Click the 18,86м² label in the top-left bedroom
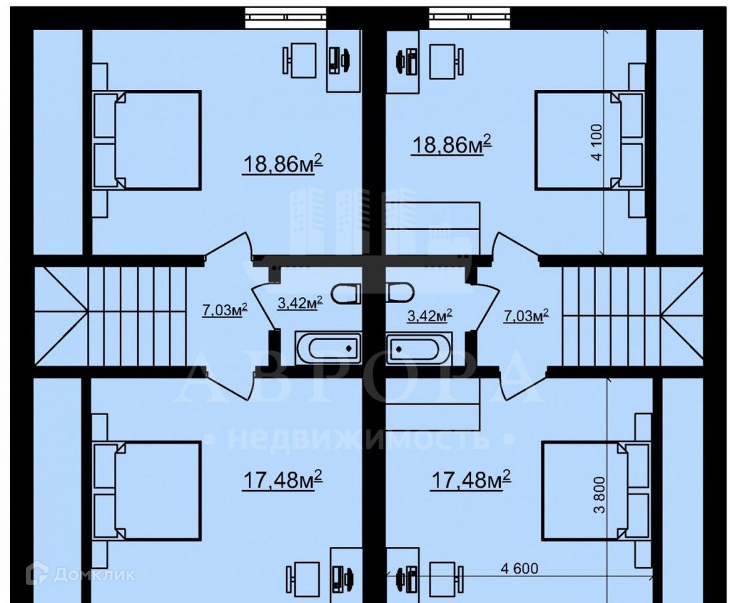pyautogui.click(x=282, y=164)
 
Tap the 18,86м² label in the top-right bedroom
pyautogui.click(x=452, y=145)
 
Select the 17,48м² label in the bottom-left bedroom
pyautogui.click(x=282, y=480)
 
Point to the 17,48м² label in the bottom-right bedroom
pyautogui.click(x=471, y=480)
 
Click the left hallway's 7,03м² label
pyautogui.click(x=224, y=310)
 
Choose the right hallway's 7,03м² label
pyautogui.click(x=526, y=315)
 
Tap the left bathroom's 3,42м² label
pyautogui.click(x=300, y=304)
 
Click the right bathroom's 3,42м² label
pyautogui.click(x=429, y=316)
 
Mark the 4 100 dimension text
pyautogui.click(x=597, y=142)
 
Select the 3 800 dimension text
pyautogui.click(x=600, y=494)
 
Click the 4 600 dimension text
pyautogui.click(x=519, y=568)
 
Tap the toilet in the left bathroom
pyautogui.click(x=346, y=293)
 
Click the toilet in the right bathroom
pyautogui.click(x=400, y=293)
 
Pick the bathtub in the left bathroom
pyautogui.click(x=328, y=348)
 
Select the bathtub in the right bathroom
pyautogui.click(x=418, y=348)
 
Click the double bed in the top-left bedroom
pyautogui.click(x=147, y=140)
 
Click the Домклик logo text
pyautogui.click(x=95, y=574)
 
